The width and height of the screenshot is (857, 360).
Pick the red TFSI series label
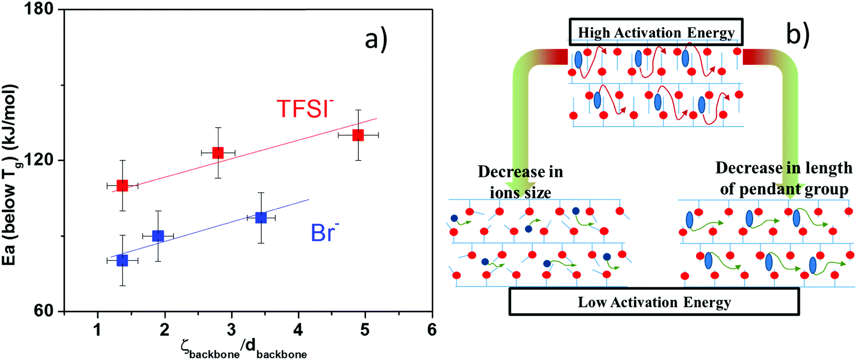coord(304,109)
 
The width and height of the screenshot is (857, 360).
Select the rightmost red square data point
coord(358,135)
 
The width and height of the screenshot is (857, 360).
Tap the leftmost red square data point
coord(122,185)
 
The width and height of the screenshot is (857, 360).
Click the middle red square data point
coord(218,153)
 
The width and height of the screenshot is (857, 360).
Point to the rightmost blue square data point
coord(261,218)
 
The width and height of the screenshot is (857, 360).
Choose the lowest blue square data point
coord(122,260)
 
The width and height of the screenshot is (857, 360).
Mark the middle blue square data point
coord(158,236)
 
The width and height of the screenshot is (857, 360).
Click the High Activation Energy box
coord(656,32)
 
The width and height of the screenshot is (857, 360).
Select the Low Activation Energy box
coord(654,302)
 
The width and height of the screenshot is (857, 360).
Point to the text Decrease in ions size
coord(520,182)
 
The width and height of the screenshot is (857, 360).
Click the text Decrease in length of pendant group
coord(784,179)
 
